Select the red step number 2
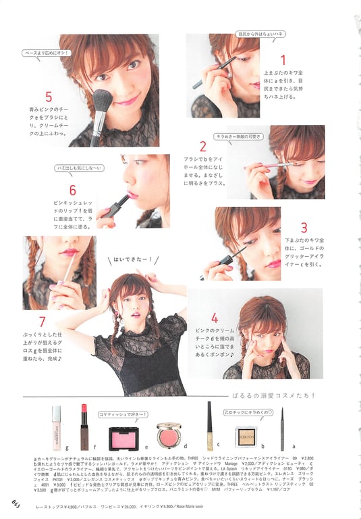pos(202,145)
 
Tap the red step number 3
pos(304,228)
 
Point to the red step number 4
pos(214,317)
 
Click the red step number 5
pos(49,97)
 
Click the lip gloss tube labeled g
pos(56,427)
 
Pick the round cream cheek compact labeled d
pos(169,435)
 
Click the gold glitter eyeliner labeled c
pos(209,426)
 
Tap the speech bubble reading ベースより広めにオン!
pos(45,51)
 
